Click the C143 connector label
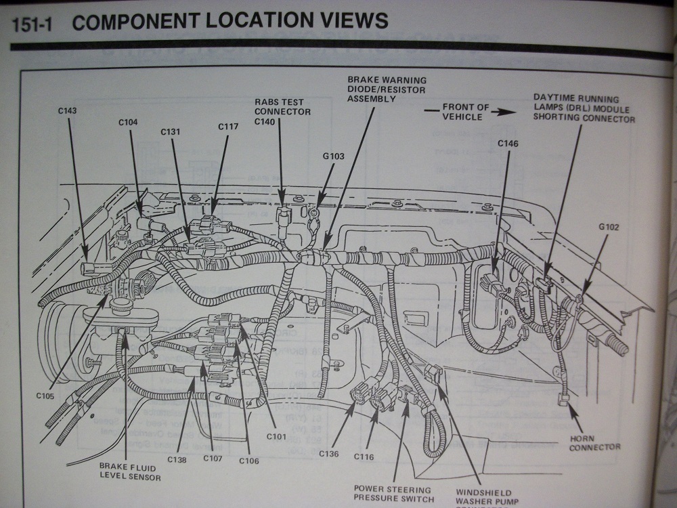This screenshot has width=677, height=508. point(68,110)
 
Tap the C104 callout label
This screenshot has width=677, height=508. point(128,123)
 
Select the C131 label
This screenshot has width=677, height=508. point(170,132)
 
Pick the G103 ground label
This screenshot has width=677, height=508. point(333,156)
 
